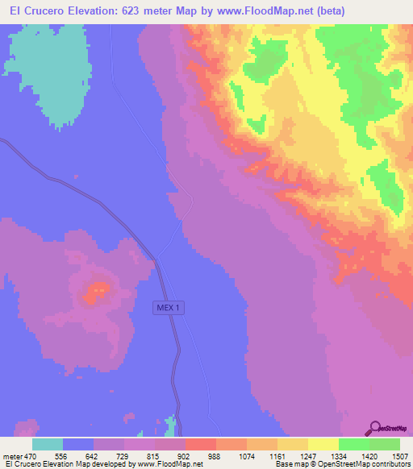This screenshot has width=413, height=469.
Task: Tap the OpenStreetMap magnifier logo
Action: pos(376,427)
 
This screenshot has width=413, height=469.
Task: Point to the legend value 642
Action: pos(94,455)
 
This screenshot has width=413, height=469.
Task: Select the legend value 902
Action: pos(186,455)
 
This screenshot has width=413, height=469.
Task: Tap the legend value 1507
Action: pos(399,455)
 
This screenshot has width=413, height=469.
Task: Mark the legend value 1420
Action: pos(369,455)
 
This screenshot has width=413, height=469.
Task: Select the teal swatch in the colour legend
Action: pos(48,444)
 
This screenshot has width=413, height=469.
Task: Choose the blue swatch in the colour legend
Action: pos(78,444)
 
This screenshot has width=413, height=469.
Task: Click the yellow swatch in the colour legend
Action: pos(323,444)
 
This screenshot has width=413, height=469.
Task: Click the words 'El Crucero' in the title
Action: pos(35,10)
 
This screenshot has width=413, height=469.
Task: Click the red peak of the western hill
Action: pos(99,288)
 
